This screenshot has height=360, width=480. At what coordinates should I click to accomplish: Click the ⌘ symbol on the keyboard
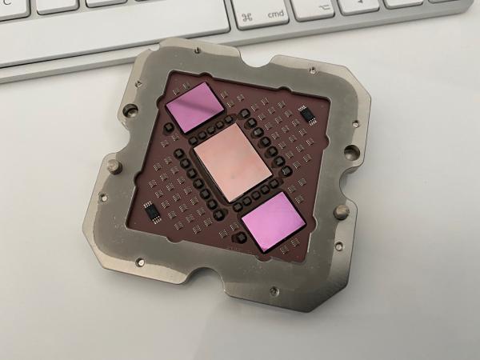[x=247, y=16]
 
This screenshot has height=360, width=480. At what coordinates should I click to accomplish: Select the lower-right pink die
[x=273, y=222]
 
